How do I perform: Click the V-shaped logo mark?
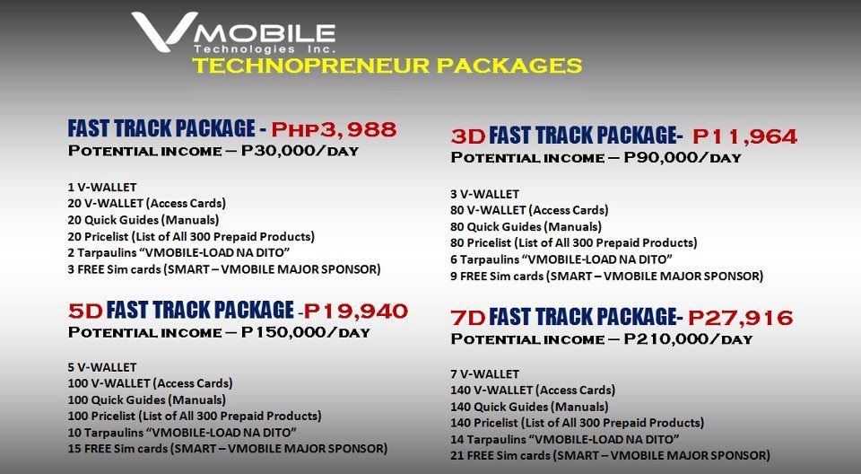coord(163,31)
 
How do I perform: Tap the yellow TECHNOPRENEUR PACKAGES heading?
coord(387,66)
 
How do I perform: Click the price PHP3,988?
coord(334,129)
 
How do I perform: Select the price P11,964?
coord(744,136)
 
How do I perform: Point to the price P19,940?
coord(356,312)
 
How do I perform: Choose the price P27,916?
coord(741,318)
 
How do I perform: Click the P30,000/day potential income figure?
coord(300,151)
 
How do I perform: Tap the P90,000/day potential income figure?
coord(683,158)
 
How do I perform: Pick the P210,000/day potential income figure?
coord(688,339)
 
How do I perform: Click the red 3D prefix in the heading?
coord(468,136)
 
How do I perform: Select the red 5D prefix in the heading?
coord(86,312)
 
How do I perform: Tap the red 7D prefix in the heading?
coord(468,318)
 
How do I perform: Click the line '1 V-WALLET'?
coord(102,188)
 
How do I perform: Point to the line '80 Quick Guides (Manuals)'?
coord(526,226)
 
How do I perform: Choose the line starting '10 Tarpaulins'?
coord(182,432)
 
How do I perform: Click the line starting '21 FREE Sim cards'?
coord(610,455)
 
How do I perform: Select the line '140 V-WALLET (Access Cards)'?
coord(533,391)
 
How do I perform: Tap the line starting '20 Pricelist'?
coord(191,236)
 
